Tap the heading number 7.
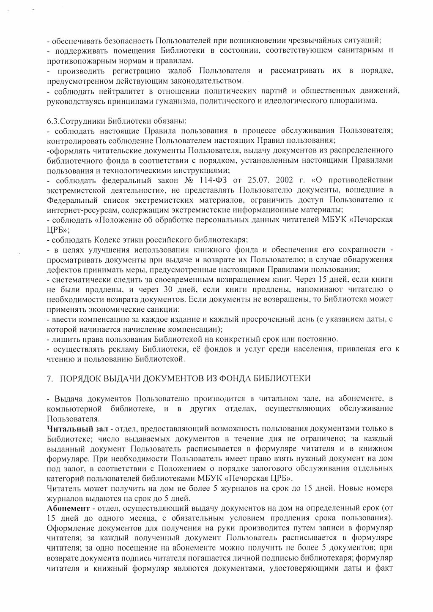(50, 378)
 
